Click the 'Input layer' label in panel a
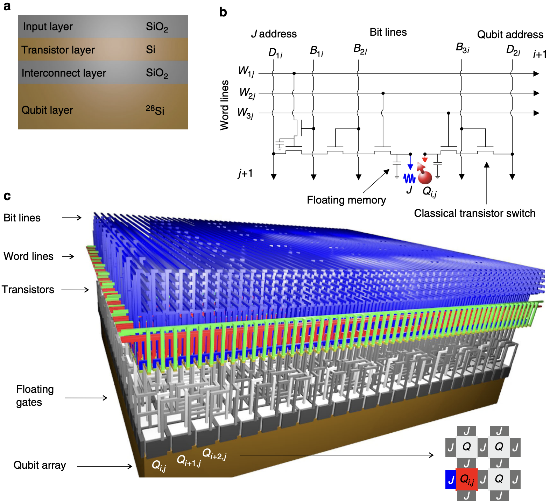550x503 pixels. (x=48, y=27)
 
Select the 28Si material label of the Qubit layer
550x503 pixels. (x=155, y=110)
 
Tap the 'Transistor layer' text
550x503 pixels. (x=58, y=50)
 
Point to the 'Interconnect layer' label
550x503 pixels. (x=64, y=73)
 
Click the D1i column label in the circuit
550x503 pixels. (x=275, y=53)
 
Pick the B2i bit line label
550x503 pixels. (x=360, y=49)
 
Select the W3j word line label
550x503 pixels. (x=245, y=113)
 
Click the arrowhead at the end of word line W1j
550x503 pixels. (x=536, y=74)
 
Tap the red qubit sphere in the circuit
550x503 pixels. (x=425, y=177)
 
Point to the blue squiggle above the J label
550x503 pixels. (x=409, y=178)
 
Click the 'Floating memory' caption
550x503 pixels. (x=346, y=200)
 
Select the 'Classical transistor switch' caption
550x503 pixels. (x=474, y=213)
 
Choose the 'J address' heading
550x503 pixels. (x=274, y=34)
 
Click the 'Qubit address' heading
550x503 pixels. (x=510, y=35)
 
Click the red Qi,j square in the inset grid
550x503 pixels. (x=467, y=479)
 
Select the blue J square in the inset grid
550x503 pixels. (x=451, y=480)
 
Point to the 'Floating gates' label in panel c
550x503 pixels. (x=35, y=396)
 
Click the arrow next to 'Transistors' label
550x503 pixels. (x=75, y=290)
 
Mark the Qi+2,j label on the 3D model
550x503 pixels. (x=214, y=454)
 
